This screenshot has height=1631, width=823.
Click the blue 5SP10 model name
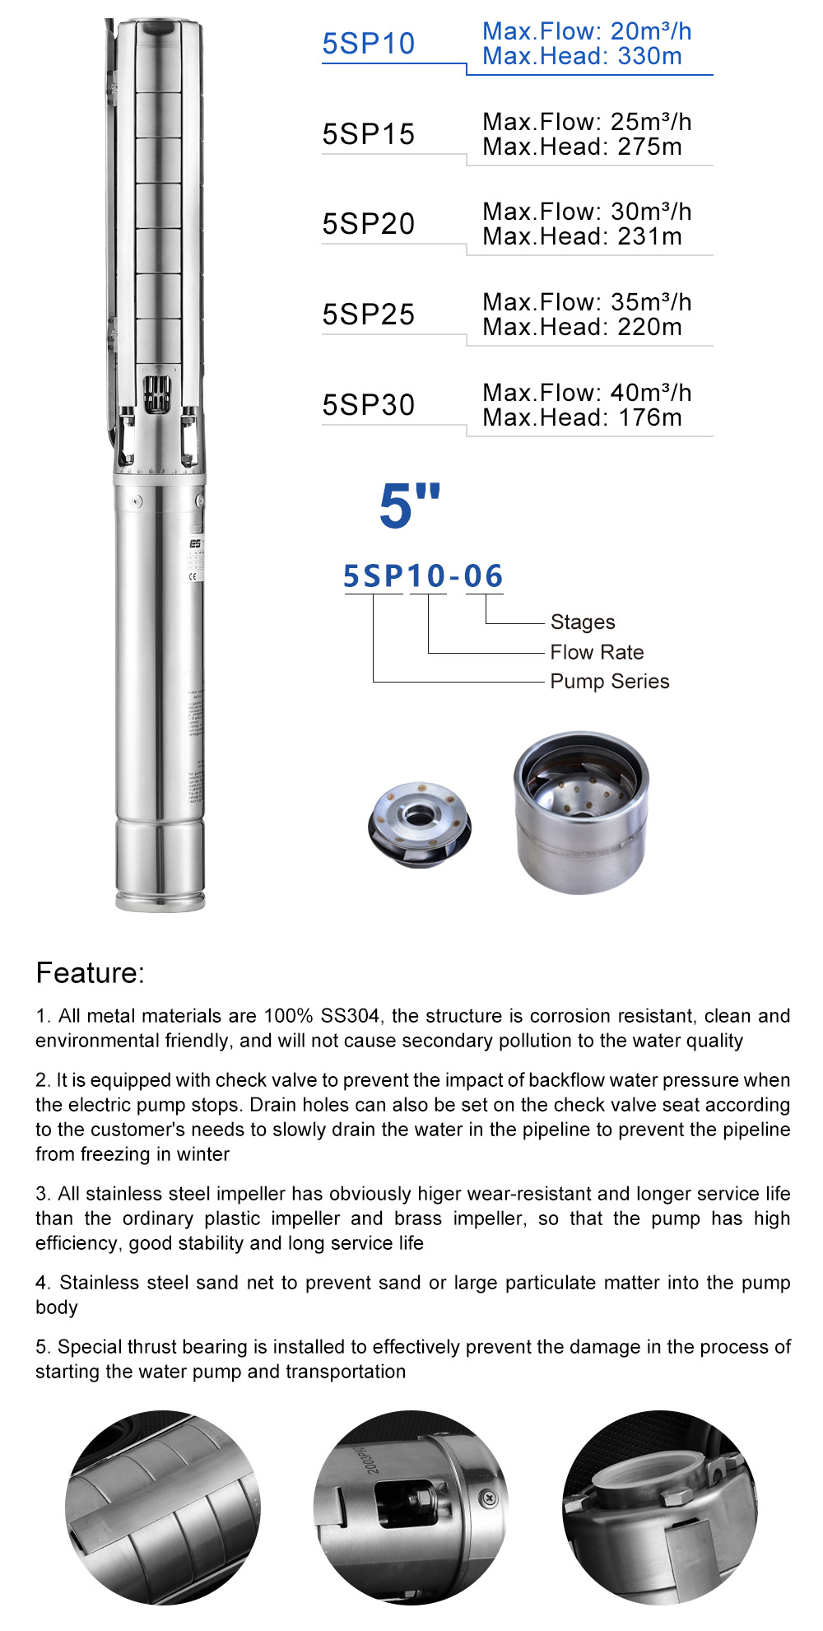click(x=368, y=44)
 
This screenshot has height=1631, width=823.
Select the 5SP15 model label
click(x=368, y=134)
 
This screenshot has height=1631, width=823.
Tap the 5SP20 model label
click(x=368, y=224)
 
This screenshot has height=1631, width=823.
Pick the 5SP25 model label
click(x=368, y=315)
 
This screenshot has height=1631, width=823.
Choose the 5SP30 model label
click(x=368, y=405)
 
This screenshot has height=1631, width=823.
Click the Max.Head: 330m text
click(x=582, y=57)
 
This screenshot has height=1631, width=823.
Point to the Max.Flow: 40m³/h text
click(x=587, y=393)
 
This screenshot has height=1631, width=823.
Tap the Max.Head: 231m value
click(x=582, y=237)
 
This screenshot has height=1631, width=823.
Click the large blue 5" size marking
click(x=409, y=504)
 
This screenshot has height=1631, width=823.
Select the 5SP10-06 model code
click(x=422, y=576)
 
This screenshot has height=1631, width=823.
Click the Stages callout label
click(x=583, y=622)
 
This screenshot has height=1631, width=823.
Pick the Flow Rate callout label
click(x=597, y=652)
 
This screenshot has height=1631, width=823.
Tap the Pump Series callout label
click(x=609, y=682)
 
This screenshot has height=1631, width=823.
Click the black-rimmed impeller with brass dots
click(x=420, y=823)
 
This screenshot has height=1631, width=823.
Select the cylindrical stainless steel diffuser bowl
click(x=581, y=811)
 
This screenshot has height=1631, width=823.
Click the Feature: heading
click(x=90, y=973)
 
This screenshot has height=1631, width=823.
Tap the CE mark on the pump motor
click(x=193, y=576)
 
